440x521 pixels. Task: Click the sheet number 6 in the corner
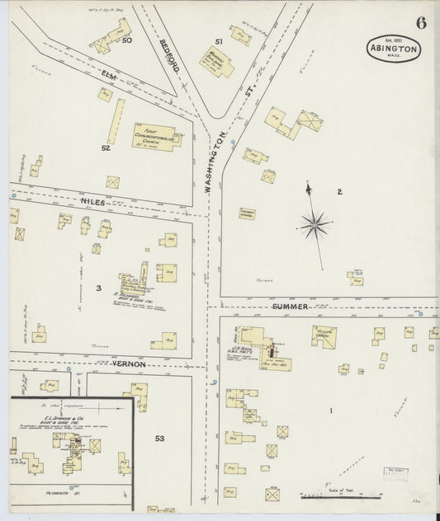(421, 22)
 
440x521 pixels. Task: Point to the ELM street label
(109, 76)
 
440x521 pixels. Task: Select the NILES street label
(93, 201)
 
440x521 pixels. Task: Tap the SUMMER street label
(291, 307)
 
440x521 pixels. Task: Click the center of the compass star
(315, 222)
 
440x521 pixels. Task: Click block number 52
(106, 148)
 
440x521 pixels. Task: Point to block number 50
(127, 40)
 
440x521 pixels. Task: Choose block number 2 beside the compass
(338, 191)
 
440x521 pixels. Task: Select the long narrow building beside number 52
(117, 121)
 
